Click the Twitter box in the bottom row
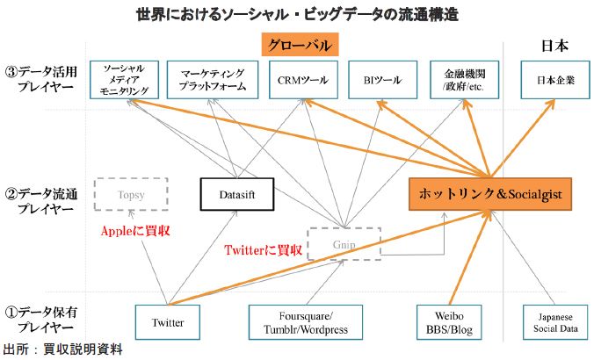[x=167, y=322]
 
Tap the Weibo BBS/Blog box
[x=445, y=322]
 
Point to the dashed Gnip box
[x=344, y=243]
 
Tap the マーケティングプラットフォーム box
[x=211, y=79]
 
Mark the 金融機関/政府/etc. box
[x=462, y=79]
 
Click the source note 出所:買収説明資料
[x=62, y=349]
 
